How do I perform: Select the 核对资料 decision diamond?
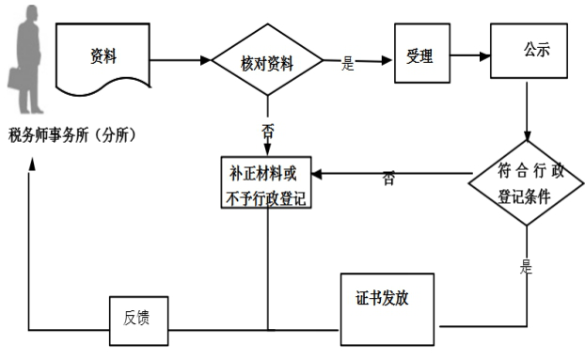[x=267, y=63]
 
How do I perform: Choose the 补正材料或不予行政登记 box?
[x=267, y=185]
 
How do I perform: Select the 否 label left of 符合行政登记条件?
[x=388, y=179]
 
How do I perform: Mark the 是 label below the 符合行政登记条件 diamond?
[x=526, y=267]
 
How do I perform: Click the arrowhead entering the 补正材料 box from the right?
[x=318, y=173]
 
